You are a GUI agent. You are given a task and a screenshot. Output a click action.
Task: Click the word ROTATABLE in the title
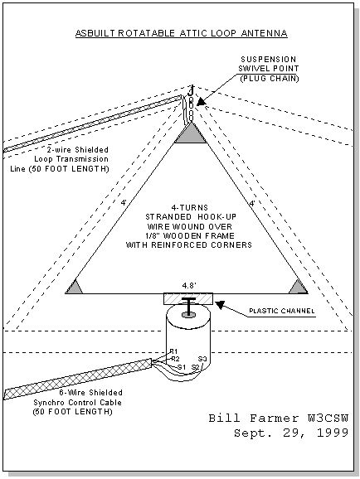click(147, 33)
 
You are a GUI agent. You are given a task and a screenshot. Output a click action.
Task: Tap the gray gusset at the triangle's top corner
click(191, 135)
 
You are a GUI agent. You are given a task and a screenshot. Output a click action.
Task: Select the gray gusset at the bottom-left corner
click(74, 288)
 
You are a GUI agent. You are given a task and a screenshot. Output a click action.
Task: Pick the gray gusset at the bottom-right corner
click(299, 288)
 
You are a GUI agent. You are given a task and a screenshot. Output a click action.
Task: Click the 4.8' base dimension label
click(189, 286)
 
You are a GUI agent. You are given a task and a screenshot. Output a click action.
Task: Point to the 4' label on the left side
click(124, 202)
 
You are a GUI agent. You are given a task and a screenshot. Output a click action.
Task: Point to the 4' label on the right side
click(252, 203)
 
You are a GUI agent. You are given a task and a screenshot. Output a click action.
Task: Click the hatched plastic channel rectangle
click(188, 299)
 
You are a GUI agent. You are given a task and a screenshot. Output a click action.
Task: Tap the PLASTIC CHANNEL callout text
click(282, 312)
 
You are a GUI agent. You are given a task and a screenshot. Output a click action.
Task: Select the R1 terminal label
click(173, 351)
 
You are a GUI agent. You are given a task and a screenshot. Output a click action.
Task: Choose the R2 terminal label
click(175, 359)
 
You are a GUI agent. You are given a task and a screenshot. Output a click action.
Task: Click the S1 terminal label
click(182, 367)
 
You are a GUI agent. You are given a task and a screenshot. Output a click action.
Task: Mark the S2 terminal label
click(196, 367)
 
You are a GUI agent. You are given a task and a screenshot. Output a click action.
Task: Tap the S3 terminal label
click(202, 359)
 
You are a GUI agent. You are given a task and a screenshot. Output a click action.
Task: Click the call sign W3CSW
click(328, 419)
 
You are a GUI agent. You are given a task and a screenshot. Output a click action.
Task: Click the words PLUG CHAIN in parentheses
click(270, 79)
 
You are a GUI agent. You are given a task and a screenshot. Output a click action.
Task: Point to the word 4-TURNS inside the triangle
click(190, 208)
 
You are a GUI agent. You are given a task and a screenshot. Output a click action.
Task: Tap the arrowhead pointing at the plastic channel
click(220, 304)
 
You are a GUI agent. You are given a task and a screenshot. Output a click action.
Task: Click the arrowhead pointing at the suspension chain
click(201, 102)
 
